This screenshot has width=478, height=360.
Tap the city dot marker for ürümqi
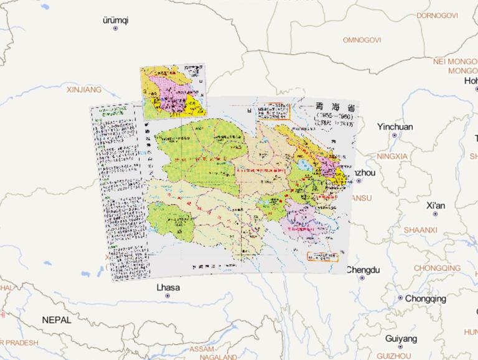[x=115, y=29]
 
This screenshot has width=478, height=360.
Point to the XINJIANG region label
[x=83, y=90]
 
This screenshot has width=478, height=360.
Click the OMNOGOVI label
[x=362, y=40]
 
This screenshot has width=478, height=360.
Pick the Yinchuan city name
[x=395, y=126]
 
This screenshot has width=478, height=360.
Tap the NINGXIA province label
[x=392, y=156]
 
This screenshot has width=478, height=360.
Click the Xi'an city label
[x=436, y=206]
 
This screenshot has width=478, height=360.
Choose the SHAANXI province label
[x=420, y=230]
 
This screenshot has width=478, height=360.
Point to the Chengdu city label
[x=362, y=270]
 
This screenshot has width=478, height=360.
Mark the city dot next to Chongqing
[x=400, y=298]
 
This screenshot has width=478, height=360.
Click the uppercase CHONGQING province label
[x=437, y=268]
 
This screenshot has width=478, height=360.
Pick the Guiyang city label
[x=401, y=339]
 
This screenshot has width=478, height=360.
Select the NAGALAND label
[x=217, y=357]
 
